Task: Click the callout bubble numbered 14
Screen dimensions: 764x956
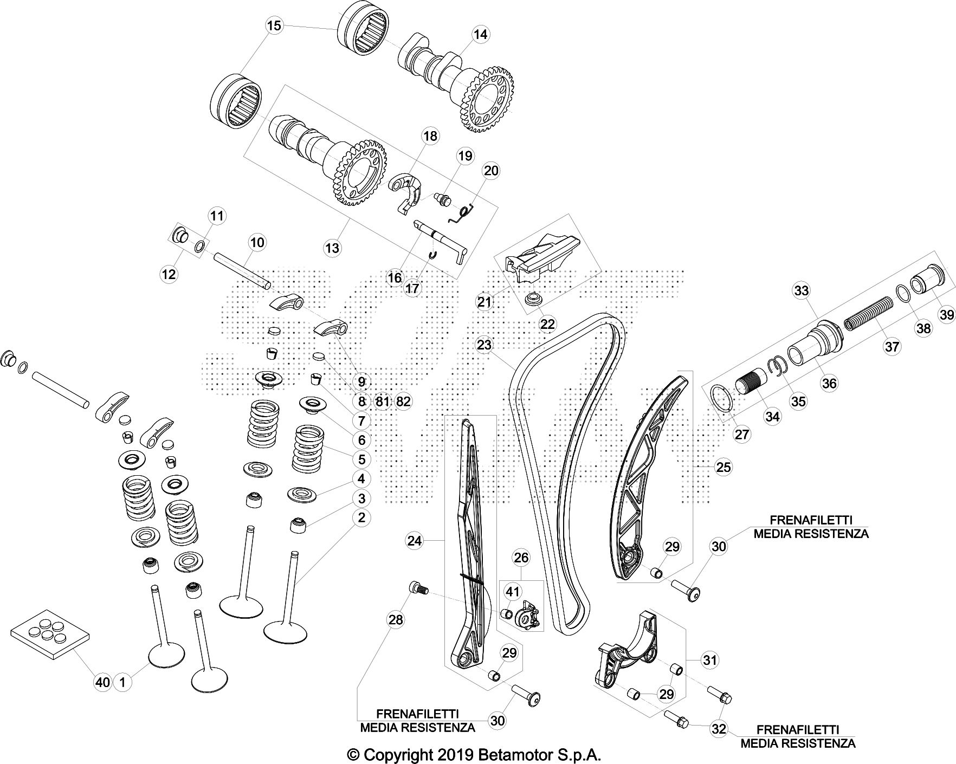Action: coord(480,34)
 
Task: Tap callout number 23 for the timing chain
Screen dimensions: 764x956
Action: coord(484,345)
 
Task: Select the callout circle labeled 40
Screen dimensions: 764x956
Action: coord(103,682)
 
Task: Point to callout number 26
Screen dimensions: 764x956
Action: coord(521,558)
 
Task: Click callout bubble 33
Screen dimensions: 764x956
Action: coord(801,290)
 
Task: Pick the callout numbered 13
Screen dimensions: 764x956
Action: coord(332,248)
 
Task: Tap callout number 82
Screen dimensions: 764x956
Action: coord(403,402)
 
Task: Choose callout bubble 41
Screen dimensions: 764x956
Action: coord(513,591)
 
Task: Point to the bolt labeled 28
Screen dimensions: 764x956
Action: coord(417,587)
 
